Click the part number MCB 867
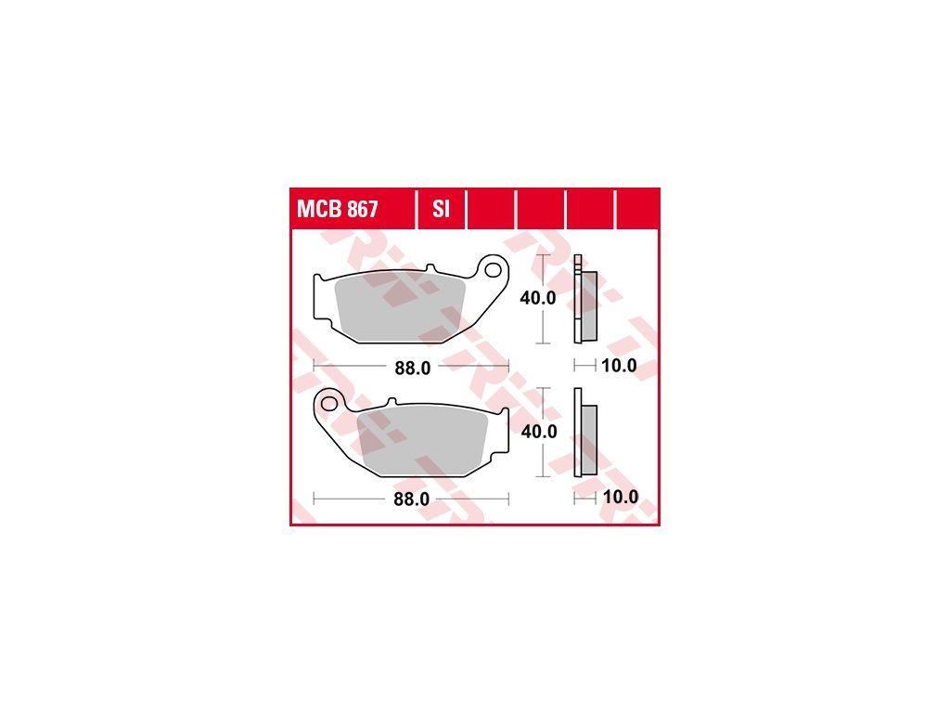[337, 209]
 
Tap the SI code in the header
[441, 209]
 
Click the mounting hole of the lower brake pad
[329, 403]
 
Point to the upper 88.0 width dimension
[413, 368]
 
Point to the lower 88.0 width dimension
[411, 499]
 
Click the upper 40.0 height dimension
[538, 298]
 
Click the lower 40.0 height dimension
[539, 431]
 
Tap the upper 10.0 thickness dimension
[619, 366]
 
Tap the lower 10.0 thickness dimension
[621, 497]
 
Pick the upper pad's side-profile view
[585, 299]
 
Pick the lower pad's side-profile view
[585, 433]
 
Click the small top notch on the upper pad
[430, 268]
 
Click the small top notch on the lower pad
[392, 401]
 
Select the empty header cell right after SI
[492, 209]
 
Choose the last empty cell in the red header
[637, 209]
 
